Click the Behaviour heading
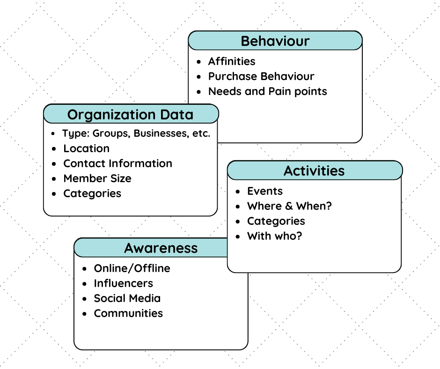click(275, 41)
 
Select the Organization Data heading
click(130, 114)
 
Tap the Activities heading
click(314, 171)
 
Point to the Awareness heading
click(161, 248)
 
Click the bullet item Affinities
click(232, 61)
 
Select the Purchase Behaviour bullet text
click(261, 76)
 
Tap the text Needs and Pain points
click(267, 91)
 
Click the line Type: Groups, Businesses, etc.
click(136, 133)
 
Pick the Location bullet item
click(87, 148)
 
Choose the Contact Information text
click(118, 163)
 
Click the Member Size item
click(97, 178)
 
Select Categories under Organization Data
click(92, 193)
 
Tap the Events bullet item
click(265, 191)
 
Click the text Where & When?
click(289, 206)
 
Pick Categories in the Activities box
click(276, 221)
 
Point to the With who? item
click(275, 236)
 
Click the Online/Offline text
click(132, 268)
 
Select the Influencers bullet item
click(124, 283)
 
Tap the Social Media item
click(127, 298)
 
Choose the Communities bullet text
click(128, 313)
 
